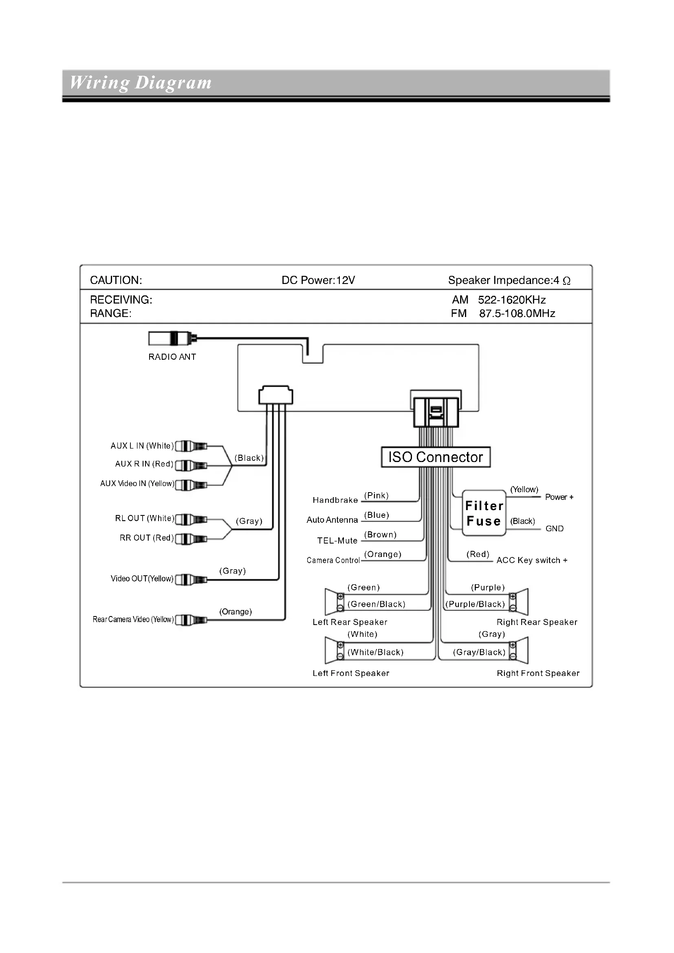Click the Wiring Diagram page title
click(140, 83)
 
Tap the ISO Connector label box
click(435, 457)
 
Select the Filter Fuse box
click(484, 513)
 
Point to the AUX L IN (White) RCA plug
click(191, 446)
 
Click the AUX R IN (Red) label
click(144, 464)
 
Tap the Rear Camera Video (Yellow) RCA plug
click(191, 620)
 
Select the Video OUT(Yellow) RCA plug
click(191, 579)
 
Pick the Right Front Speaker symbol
click(519, 650)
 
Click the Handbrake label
click(335, 500)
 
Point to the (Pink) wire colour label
click(376, 495)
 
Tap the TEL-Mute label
click(337, 540)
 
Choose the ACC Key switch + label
click(532, 560)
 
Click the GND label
click(554, 528)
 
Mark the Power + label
click(559, 497)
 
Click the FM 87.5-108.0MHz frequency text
click(503, 313)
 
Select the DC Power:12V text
click(318, 280)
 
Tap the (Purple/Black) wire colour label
click(475, 604)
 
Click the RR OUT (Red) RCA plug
click(191, 539)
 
